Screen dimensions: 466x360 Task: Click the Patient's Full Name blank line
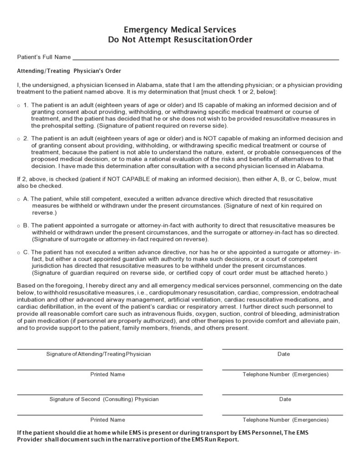205,59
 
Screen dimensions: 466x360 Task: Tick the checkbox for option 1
18,105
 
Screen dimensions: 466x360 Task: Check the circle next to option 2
18,139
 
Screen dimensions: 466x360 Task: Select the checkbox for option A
18,200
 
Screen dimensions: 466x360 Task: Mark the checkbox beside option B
18,226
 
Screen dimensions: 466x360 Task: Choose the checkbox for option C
18,252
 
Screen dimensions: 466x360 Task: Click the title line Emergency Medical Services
180,30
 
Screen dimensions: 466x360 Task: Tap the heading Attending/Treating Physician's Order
69,71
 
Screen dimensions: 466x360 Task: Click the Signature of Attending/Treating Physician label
98,354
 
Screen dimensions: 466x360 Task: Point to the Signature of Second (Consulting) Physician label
104,399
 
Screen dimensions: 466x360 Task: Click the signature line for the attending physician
110,349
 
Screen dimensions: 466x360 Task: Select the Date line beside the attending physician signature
283,349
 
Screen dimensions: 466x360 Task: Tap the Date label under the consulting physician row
285,399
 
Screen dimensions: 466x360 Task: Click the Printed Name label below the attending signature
108,374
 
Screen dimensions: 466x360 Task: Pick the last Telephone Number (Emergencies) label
285,420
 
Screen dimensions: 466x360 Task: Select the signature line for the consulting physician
110,394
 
